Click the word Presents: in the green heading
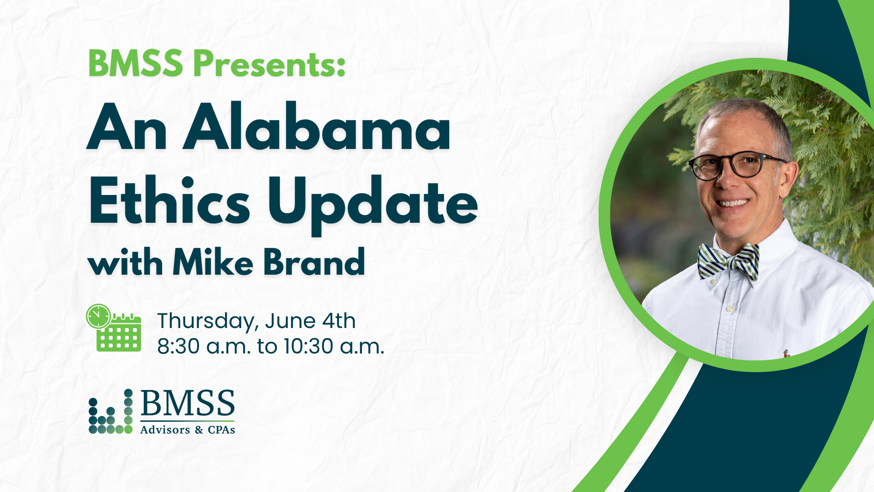[269, 63]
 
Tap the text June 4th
[310, 321]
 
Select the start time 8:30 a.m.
[204, 346]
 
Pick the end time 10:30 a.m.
[334, 346]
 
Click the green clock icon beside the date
[98, 316]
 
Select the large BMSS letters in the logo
[188, 404]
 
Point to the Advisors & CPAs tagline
[188, 430]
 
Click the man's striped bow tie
[728, 261]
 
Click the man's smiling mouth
[732, 203]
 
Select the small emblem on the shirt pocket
[786, 353]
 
